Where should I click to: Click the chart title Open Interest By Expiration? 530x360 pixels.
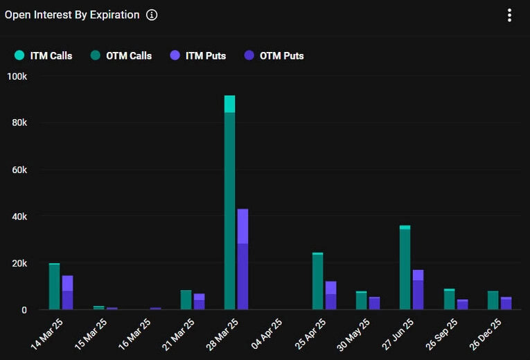pos(72,15)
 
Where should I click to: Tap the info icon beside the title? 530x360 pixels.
pos(152,15)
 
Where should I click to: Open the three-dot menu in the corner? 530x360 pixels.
pos(509,15)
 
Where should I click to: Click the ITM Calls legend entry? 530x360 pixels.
pos(43,55)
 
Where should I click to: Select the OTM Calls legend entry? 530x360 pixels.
pos(121,55)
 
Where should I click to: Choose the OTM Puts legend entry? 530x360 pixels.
pos(274,55)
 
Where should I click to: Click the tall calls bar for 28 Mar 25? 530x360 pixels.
pos(229,208)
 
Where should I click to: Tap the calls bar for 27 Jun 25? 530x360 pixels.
pos(405,270)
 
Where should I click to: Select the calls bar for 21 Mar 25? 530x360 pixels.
pos(186,300)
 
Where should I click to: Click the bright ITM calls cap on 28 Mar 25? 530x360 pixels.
pos(229,104)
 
